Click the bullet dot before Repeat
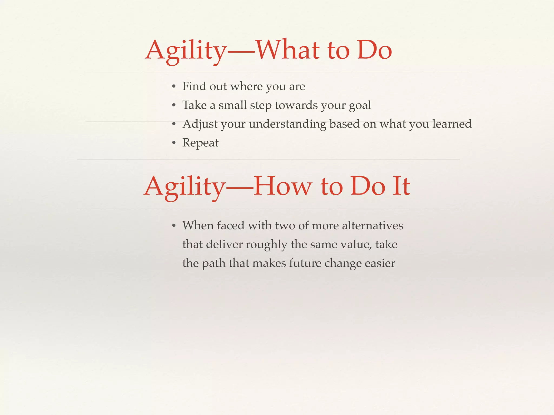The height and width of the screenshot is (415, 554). pos(174,143)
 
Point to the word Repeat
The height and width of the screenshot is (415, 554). pos(200,143)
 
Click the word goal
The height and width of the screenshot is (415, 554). pos(360,105)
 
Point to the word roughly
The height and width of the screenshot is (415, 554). pos(266,245)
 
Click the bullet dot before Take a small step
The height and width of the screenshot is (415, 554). pos(174,105)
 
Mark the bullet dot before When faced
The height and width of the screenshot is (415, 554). pos(174,226)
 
